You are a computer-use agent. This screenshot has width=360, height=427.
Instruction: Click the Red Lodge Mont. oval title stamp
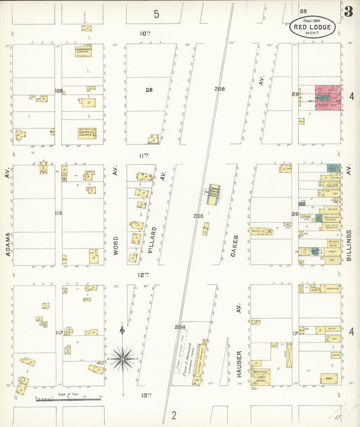point(312,26)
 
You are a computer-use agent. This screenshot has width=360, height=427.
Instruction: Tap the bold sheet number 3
point(348,11)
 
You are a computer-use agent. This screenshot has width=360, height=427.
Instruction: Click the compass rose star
point(122,359)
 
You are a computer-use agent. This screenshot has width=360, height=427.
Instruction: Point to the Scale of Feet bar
point(68,399)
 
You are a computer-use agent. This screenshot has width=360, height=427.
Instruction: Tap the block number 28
point(149,89)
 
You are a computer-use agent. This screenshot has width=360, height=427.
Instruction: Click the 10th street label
point(144,32)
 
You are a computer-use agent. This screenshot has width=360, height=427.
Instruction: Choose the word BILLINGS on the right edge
point(349,248)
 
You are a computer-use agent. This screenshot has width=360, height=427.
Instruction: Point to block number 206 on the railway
point(219,89)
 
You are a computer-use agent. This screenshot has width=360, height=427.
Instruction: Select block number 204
point(180,327)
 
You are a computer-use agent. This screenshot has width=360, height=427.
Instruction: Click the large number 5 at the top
point(156,14)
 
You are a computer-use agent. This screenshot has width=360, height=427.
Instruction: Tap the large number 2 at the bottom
point(174,415)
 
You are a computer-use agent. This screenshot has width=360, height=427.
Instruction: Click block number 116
point(59,214)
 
